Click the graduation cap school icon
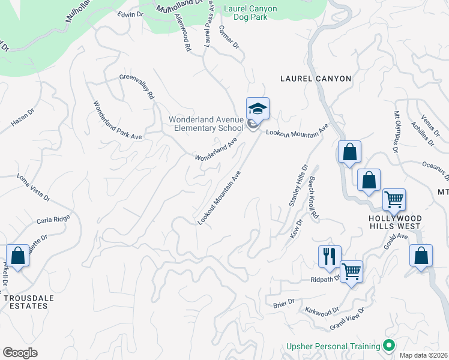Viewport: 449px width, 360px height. (258, 109)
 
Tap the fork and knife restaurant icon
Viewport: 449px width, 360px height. (330, 257)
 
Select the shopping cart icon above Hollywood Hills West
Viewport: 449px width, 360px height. (394, 199)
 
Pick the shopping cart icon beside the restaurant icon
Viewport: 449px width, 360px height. (351, 271)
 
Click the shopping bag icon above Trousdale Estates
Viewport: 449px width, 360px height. (18, 256)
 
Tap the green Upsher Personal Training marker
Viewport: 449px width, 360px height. (389, 346)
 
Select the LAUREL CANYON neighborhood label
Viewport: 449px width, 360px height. (316, 79)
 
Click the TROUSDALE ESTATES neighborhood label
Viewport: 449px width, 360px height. (25, 302)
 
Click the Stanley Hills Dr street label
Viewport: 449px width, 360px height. (298, 186)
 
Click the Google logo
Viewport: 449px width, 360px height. (20, 353)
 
